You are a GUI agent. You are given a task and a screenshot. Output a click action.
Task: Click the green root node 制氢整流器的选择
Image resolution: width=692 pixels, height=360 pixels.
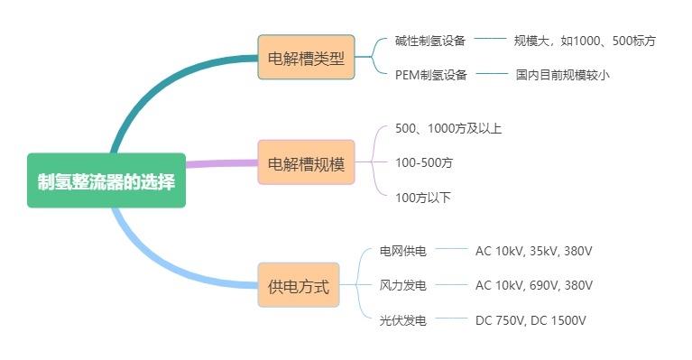click(x=106, y=180)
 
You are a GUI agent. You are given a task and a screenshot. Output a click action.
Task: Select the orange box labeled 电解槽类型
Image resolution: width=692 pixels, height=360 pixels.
click(x=306, y=58)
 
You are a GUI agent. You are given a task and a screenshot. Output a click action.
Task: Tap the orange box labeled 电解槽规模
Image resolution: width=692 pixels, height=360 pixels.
click(x=306, y=163)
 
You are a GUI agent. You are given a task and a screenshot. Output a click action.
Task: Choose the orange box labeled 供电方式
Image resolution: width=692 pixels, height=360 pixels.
click(x=299, y=287)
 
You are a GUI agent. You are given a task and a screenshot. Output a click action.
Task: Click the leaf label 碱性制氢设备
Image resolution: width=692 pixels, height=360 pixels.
click(x=430, y=41)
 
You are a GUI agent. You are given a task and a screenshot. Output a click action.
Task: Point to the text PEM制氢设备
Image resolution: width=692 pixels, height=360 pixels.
click(x=430, y=75)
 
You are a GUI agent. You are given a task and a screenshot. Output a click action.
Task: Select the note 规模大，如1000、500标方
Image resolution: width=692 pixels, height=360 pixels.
click(x=585, y=41)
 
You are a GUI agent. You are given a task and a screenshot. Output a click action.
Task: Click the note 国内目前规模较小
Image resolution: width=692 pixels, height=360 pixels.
click(x=562, y=75)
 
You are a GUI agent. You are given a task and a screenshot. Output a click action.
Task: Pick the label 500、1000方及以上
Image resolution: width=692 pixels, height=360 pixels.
click(x=448, y=128)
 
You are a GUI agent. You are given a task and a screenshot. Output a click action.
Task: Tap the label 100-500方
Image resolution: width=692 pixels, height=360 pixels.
click(x=424, y=162)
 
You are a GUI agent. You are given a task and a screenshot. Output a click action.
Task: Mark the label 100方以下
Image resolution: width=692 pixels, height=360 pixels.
click(x=422, y=197)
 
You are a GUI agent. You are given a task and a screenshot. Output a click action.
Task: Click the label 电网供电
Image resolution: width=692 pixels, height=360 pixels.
click(x=402, y=251)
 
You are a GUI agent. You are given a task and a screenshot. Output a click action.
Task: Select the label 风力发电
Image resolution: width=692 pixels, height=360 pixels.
click(x=402, y=285)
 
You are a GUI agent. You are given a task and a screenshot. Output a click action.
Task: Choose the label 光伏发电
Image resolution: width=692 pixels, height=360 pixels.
click(x=402, y=319)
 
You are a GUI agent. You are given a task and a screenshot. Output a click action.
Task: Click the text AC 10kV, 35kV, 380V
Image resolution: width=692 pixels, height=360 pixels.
click(x=533, y=251)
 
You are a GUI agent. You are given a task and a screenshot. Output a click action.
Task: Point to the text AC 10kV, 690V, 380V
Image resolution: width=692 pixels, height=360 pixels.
click(x=533, y=285)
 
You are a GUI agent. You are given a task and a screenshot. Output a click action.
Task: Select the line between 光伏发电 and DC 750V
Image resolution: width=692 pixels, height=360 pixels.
click(x=451, y=319)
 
